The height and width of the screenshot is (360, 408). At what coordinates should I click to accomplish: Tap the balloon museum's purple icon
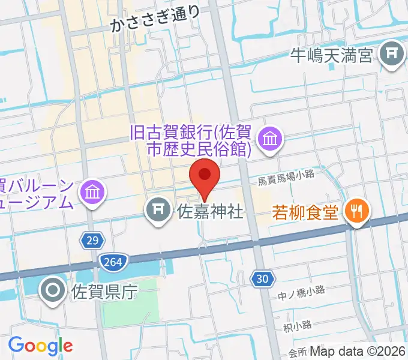click(94, 192)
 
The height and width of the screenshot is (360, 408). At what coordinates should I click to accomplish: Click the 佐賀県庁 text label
click(104, 293)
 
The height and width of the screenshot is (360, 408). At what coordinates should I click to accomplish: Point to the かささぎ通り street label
click(155, 23)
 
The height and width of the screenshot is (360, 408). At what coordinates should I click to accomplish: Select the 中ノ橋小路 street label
click(301, 290)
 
